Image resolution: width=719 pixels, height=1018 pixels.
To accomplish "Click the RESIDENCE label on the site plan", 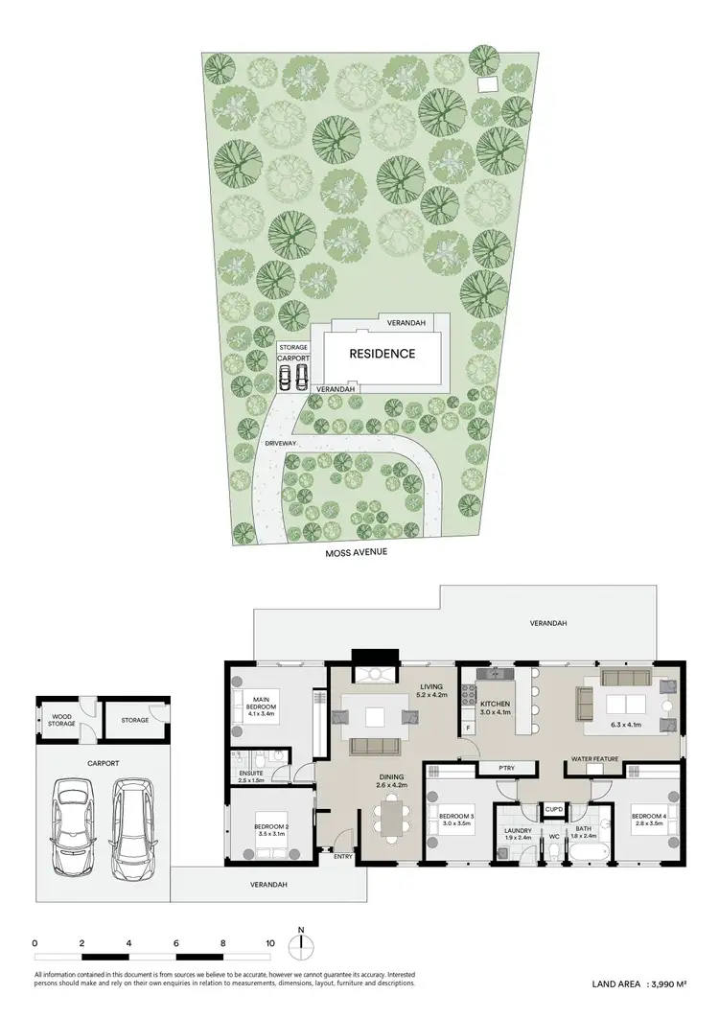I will pos(382,354).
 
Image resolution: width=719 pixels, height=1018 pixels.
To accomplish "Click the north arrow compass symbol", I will pos(301,944).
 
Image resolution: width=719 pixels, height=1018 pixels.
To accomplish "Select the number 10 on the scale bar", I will pos(270,944).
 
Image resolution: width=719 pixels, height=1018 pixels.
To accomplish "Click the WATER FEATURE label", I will pos(593,760).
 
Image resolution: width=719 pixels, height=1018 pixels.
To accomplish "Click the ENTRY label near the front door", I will pos(343,857).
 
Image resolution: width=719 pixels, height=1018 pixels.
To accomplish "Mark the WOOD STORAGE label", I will pos(60,721).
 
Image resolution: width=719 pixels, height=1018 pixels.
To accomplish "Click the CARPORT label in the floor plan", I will pos(103,764).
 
